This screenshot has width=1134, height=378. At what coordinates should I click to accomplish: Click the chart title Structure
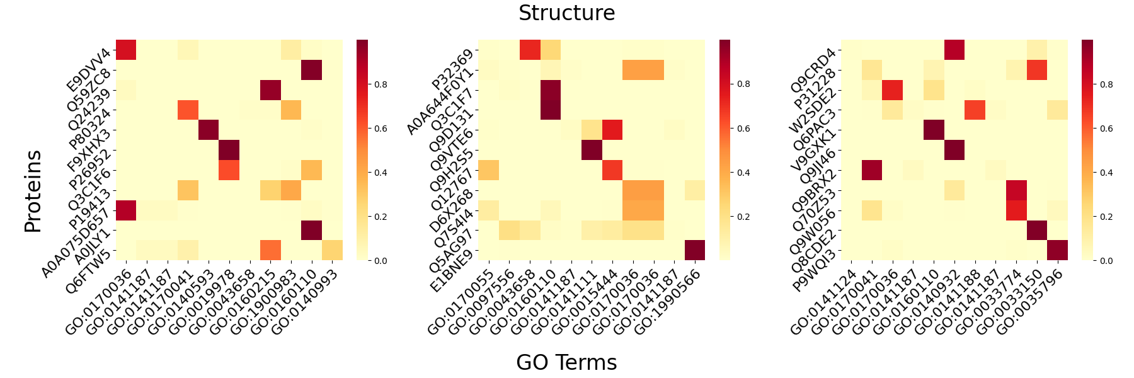click(566, 13)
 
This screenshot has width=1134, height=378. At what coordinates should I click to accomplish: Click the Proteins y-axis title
click(33, 191)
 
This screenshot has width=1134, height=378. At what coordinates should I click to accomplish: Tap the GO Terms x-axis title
click(566, 362)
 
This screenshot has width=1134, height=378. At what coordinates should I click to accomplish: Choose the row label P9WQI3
click(814, 271)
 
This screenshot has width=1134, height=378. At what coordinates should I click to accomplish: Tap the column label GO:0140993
click(306, 299)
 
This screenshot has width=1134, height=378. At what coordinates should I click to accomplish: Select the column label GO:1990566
click(668, 299)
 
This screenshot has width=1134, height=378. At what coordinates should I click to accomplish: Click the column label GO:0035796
click(1031, 299)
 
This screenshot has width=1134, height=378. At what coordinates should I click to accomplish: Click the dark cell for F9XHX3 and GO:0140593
click(208, 130)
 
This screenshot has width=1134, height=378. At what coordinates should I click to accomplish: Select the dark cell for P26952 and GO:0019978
click(229, 151)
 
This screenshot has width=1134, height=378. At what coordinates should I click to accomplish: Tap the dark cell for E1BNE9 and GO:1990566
click(694, 250)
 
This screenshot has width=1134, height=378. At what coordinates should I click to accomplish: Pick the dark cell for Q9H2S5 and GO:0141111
click(592, 151)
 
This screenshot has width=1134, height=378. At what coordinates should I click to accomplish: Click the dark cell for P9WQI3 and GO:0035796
click(1057, 250)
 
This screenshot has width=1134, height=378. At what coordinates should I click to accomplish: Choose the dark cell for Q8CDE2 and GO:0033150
click(1036, 231)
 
